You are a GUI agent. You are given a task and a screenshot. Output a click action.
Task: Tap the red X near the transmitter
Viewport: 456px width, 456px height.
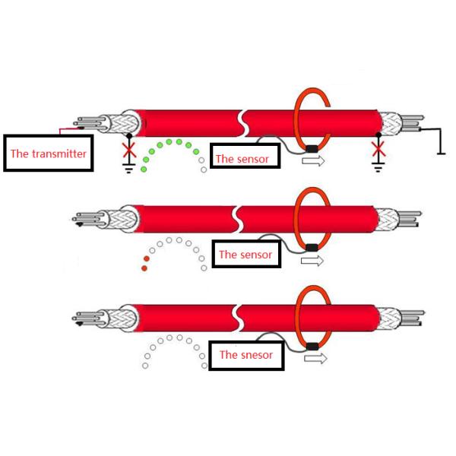(x=129, y=150)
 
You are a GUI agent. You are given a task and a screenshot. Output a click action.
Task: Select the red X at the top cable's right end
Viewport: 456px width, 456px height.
(x=378, y=149)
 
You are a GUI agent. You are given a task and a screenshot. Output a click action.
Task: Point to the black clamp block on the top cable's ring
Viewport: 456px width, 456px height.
(x=312, y=149)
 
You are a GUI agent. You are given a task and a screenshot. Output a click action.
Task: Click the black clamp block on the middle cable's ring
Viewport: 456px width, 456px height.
(x=312, y=248)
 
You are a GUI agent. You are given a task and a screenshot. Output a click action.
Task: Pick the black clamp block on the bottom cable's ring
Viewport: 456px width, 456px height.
(x=312, y=347)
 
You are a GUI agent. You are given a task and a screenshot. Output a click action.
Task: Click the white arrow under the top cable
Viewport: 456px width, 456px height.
(x=313, y=161)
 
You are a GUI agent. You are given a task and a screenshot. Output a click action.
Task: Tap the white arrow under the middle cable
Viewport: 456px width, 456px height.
(x=312, y=261)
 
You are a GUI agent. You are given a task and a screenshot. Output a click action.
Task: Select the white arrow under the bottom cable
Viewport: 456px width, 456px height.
(x=315, y=358)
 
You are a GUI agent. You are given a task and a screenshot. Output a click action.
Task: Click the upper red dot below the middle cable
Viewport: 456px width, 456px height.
(x=147, y=259)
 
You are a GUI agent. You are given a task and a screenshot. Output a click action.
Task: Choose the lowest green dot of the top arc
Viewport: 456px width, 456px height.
(x=144, y=169)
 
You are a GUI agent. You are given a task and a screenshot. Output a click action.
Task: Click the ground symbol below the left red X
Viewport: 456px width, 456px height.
(x=129, y=169)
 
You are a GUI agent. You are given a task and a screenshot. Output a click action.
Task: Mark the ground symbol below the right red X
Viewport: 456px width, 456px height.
(x=378, y=167)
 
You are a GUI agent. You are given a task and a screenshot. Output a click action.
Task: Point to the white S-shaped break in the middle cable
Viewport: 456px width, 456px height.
(x=237, y=220)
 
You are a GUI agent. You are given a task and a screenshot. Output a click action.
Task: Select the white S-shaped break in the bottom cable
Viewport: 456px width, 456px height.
(x=237, y=318)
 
